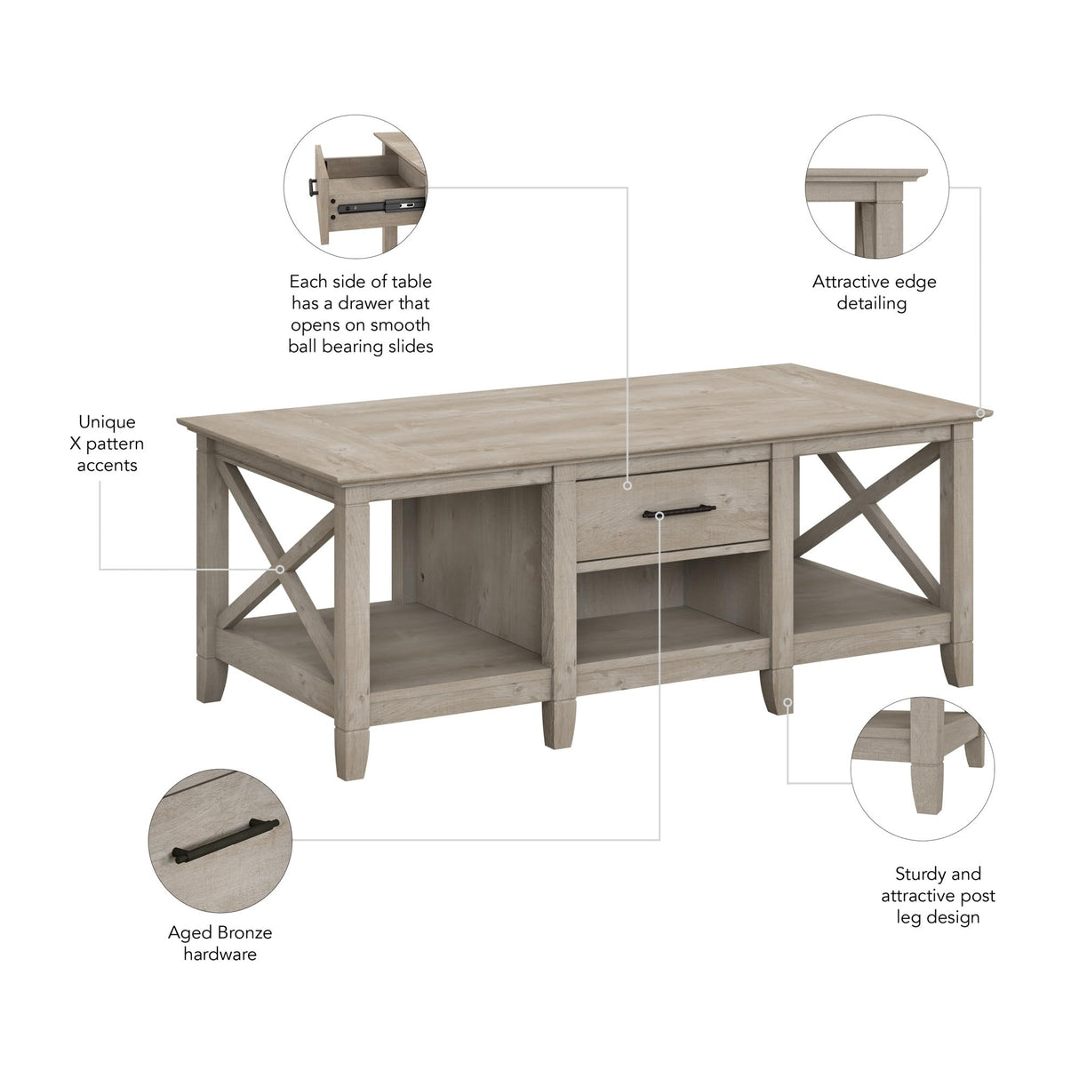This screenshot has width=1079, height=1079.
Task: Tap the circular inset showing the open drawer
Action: (x=356, y=186)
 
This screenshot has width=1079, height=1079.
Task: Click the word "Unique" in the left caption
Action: (x=107, y=421)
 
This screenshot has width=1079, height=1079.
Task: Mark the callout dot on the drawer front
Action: (x=627, y=485)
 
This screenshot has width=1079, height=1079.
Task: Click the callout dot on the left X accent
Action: (x=280, y=569)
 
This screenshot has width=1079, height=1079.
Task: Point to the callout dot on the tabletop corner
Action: (x=979, y=412)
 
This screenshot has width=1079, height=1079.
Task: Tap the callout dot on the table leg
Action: (x=788, y=701)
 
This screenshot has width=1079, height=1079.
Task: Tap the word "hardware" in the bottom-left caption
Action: (x=220, y=954)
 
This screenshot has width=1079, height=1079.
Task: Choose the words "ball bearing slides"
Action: (x=360, y=346)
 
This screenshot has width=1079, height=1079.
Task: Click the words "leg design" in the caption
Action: (x=938, y=916)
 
